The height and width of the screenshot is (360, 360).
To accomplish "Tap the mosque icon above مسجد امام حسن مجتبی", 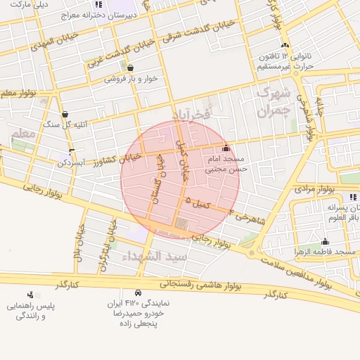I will [226, 148].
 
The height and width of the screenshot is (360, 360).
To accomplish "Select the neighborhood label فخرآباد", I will [191, 114].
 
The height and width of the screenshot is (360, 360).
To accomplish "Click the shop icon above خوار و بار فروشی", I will [131, 67].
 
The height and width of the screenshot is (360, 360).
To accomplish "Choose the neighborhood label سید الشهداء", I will [155, 257].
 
